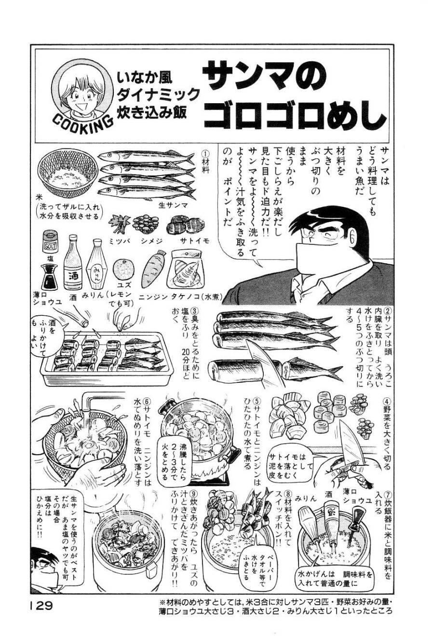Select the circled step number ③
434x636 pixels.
click(x=195, y=312)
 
